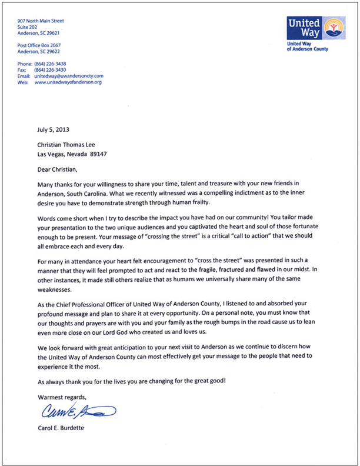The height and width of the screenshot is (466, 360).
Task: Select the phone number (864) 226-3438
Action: coord(58,64)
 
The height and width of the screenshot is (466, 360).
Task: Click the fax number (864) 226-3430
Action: coord(58,70)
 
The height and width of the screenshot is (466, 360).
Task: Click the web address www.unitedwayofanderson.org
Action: coord(68,83)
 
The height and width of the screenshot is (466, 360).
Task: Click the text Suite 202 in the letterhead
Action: coord(30,28)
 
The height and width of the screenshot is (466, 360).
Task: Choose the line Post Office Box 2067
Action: coord(39,45)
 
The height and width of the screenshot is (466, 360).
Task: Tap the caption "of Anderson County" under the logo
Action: coord(308,49)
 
